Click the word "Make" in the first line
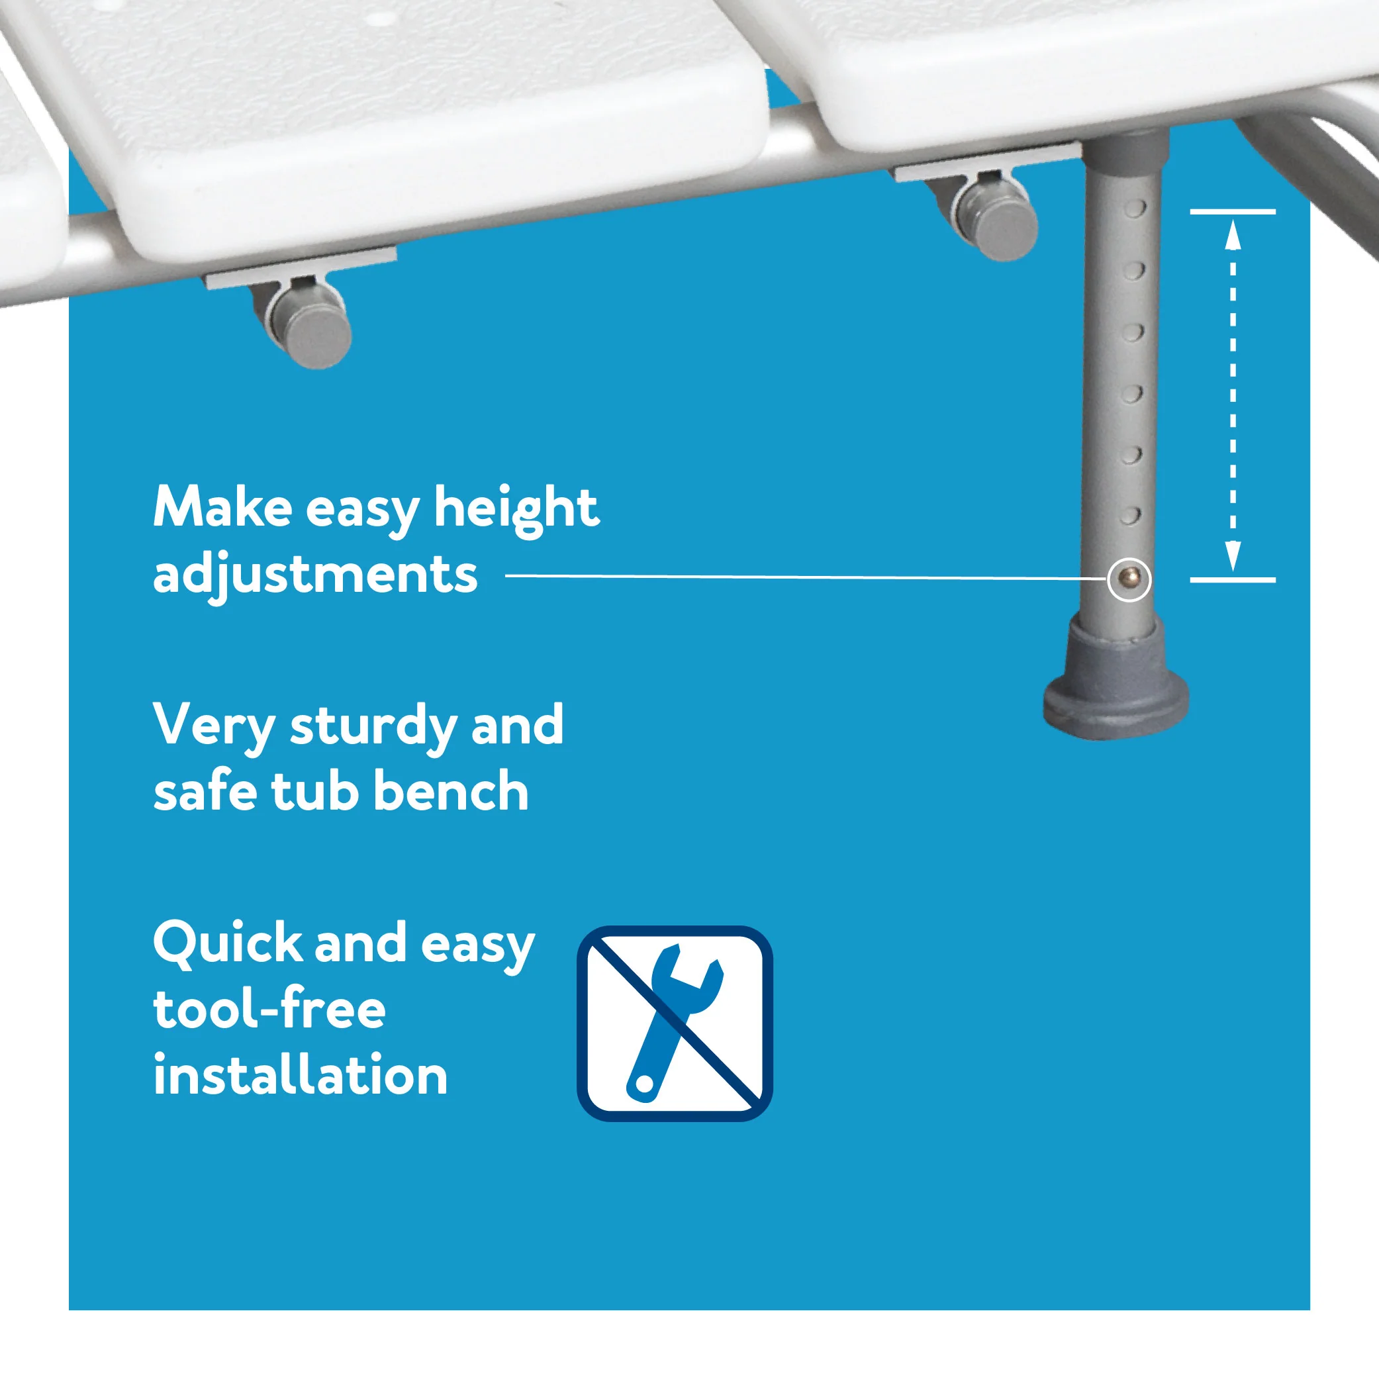pyautogui.click(x=222, y=508)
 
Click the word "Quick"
pyautogui.click(x=226, y=943)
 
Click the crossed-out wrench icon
pyautogui.click(x=675, y=1023)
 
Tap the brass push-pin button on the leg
pyautogui.click(x=1129, y=578)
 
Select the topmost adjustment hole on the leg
pyautogui.click(x=1135, y=209)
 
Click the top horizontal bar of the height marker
pyautogui.click(x=1233, y=212)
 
